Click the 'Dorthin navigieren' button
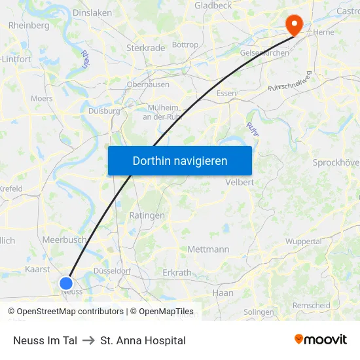[x=179, y=160]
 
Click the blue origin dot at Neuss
[x=66, y=283]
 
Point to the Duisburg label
[x=104, y=111]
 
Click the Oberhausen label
[x=148, y=84]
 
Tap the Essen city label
[x=226, y=94]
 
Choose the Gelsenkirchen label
[x=264, y=53]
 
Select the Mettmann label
[x=208, y=249]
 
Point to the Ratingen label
[x=147, y=215]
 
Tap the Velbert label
[x=239, y=182]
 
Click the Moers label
[x=42, y=99]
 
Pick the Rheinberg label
[x=29, y=26]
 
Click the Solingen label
[x=259, y=312]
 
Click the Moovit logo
[x=320, y=340]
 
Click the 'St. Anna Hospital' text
[x=143, y=340]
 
